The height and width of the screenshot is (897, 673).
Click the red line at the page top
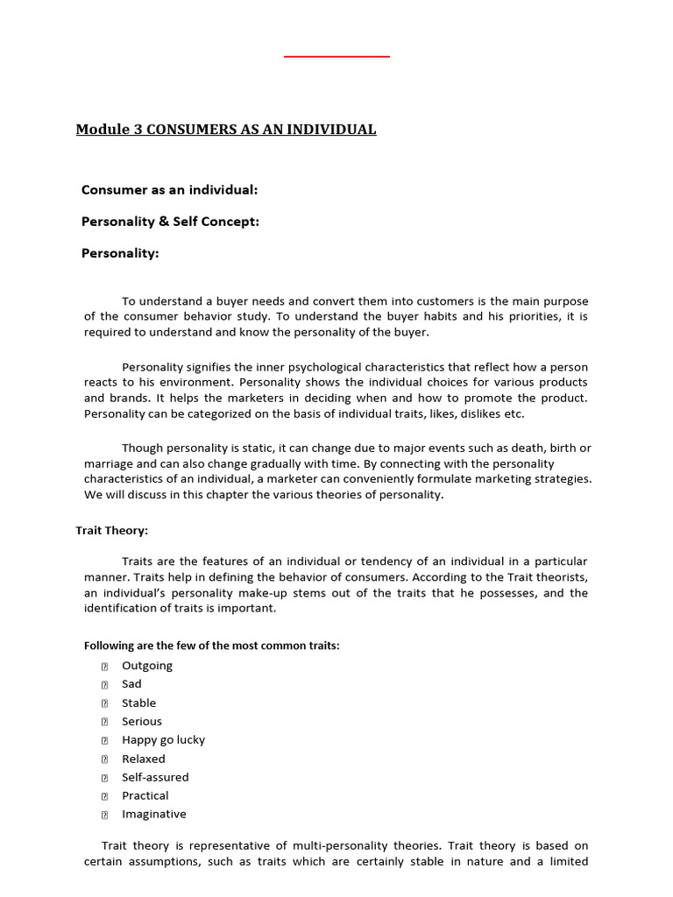336,56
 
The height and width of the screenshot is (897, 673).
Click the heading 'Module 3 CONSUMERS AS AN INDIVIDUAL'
226,130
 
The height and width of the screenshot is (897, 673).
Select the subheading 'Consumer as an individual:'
169,189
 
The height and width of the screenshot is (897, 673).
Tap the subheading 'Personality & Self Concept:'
170,222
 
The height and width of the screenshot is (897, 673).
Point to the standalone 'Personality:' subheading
120,253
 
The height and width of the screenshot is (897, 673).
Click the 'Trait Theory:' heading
111,530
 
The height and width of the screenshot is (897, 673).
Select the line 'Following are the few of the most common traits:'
211,646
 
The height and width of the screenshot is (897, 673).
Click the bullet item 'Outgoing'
147,666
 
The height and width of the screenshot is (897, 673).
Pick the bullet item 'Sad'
131,684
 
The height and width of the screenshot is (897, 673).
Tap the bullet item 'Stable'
138,703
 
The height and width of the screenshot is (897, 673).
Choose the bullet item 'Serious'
142,721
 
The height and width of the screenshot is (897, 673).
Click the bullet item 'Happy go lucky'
163,740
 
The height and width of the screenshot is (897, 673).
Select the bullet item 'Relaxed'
144,759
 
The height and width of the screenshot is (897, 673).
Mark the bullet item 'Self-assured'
155,777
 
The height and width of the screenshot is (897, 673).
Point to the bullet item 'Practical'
145,795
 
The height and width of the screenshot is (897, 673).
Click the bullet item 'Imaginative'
154,814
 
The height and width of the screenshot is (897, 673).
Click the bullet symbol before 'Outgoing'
103,666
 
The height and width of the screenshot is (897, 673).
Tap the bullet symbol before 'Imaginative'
103,815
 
